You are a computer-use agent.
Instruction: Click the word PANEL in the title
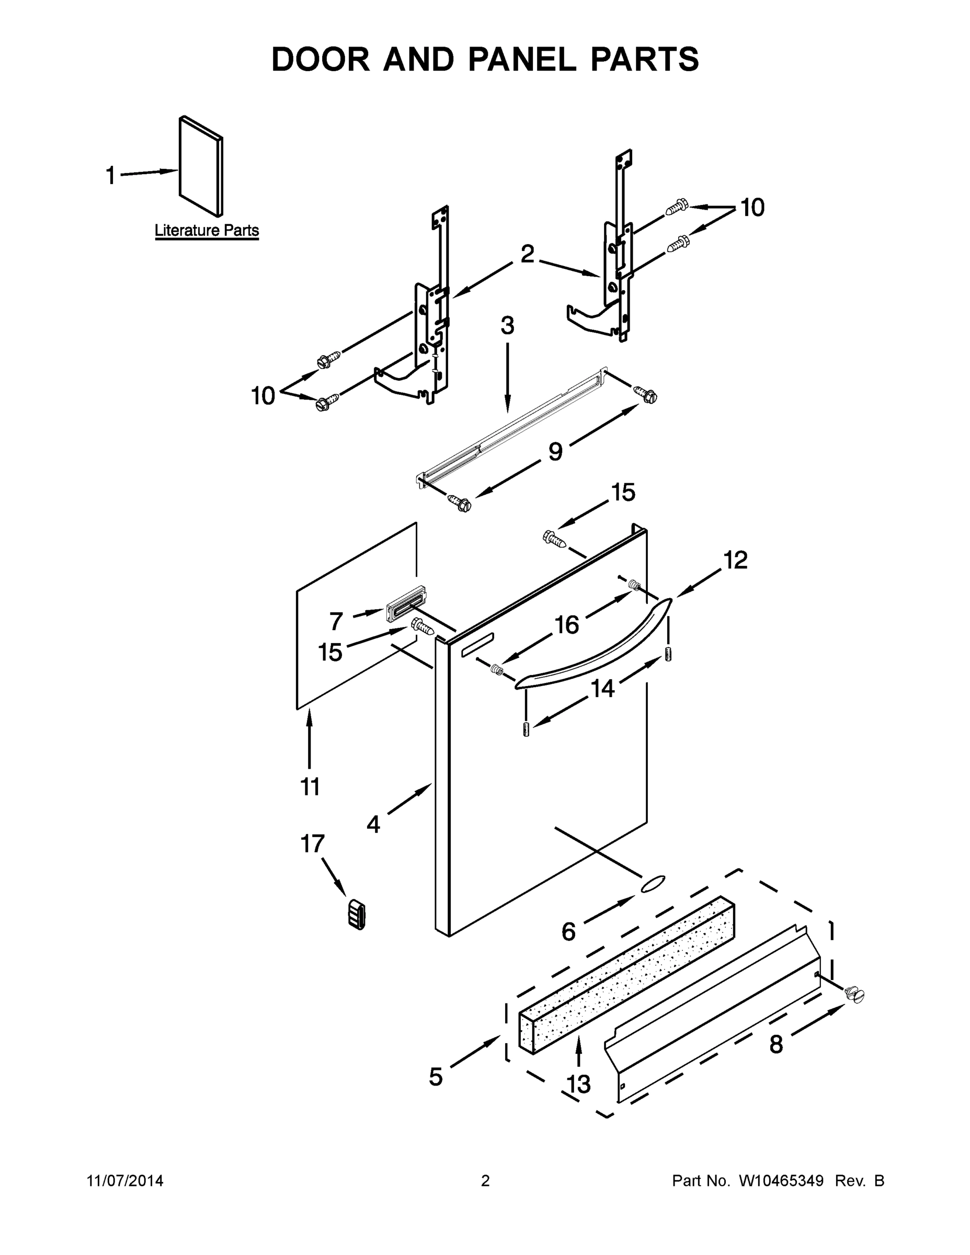(x=522, y=60)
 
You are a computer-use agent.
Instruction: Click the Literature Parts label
(x=207, y=231)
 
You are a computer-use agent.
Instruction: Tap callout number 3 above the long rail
(x=507, y=326)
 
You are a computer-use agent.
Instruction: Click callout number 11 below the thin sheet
(x=310, y=786)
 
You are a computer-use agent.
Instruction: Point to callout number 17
(x=313, y=844)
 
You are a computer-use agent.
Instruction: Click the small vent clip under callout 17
(x=357, y=914)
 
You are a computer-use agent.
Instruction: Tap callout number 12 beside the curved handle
(x=735, y=560)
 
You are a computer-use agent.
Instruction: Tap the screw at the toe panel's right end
(x=854, y=993)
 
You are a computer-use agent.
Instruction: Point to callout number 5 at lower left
(x=436, y=1077)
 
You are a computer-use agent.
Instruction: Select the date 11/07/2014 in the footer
(x=124, y=1181)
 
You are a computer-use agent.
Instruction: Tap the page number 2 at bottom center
(x=485, y=1181)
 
